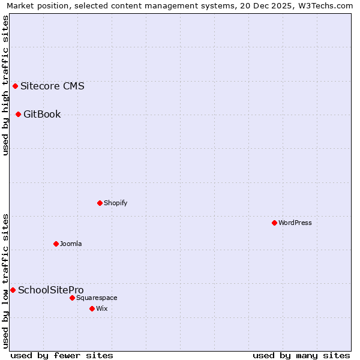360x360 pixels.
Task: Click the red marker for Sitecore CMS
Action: click(15, 86)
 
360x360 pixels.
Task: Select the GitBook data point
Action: click(18, 114)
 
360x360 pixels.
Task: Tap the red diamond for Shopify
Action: click(100, 203)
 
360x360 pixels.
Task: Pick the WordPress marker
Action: click(274, 223)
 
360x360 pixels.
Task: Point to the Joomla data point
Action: click(56, 244)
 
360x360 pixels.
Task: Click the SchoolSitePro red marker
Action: click(13, 290)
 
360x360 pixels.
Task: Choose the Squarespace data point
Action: click(72, 298)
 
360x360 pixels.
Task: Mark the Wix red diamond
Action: click(92, 308)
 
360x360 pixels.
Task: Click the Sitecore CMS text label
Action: click(52, 86)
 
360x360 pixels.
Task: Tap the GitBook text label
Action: click(42, 114)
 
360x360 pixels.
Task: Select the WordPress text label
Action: click(295, 223)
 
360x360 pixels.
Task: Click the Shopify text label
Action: click(116, 203)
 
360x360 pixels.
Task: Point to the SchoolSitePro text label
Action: click(51, 290)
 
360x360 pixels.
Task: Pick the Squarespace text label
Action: click(97, 298)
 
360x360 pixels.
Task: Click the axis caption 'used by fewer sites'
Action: click(62, 355)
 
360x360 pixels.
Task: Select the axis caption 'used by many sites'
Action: click(301, 355)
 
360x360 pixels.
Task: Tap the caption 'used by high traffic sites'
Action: click(5, 85)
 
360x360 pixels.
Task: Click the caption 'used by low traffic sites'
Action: click(5, 281)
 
